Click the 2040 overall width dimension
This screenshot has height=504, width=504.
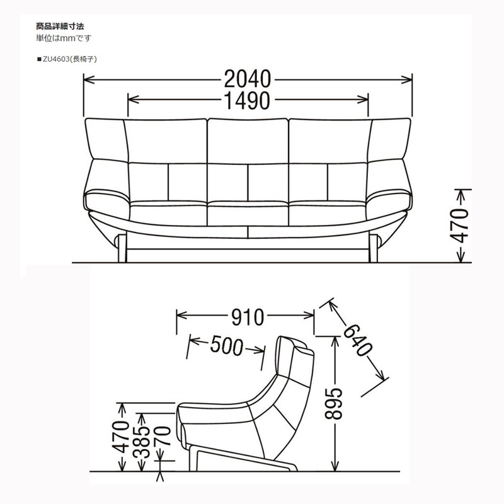tap(247, 79)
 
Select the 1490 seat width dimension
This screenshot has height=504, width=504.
tap(247, 100)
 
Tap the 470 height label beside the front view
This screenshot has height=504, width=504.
tap(459, 226)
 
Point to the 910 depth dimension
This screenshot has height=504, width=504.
tap(248, 317)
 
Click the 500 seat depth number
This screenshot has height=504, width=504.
tap(227, 345)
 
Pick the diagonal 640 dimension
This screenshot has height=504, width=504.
tap(358, 340)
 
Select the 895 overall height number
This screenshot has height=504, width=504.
tap(334, 404)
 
